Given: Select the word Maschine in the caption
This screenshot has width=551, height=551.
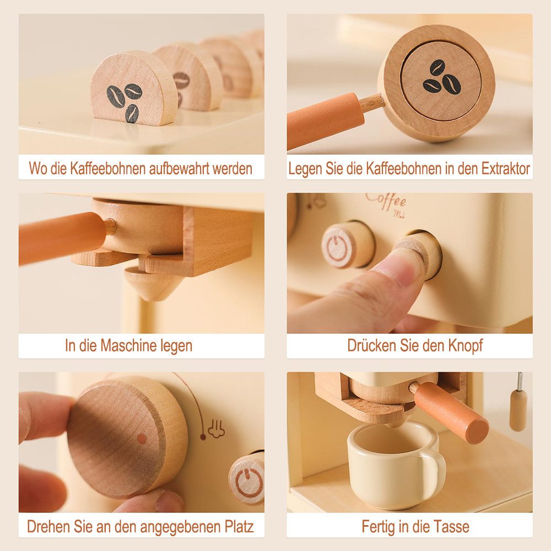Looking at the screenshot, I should tap(130, 346).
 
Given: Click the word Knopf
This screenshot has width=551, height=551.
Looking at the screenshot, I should tap(466, 346).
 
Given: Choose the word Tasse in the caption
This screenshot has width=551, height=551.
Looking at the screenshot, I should tap(451, 526).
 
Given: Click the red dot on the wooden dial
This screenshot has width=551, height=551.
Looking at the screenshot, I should tap(142, 439).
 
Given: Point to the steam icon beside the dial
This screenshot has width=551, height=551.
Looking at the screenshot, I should tap(215, 429).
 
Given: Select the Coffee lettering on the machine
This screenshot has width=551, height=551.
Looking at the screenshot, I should tap(386, 200).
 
